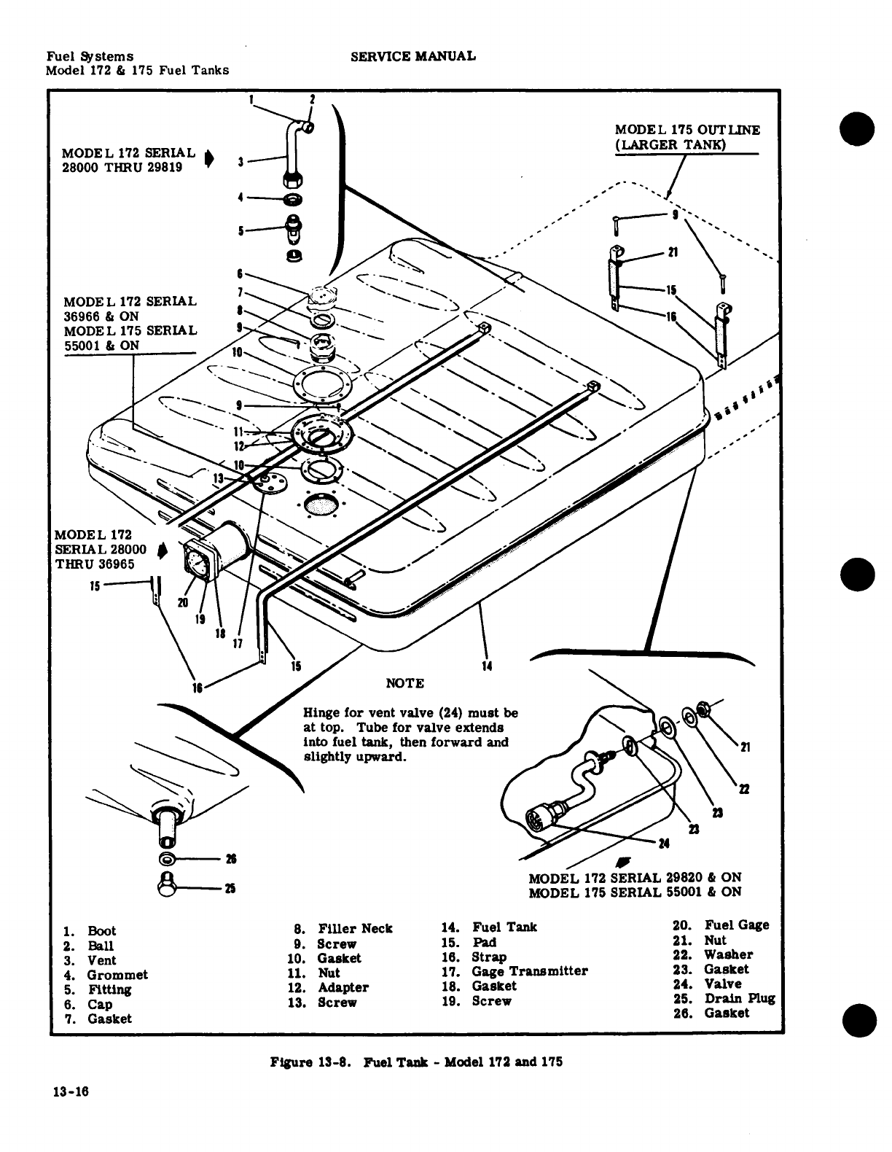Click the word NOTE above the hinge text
[404, 683]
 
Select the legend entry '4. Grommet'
[106, 975]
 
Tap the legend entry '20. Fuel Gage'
[721, 925]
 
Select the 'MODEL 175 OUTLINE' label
[687, 130]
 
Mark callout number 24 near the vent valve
[663, 844]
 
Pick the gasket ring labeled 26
[165, 857]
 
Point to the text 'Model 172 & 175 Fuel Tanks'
[137, 70]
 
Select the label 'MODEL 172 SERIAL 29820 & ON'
[635, 877]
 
